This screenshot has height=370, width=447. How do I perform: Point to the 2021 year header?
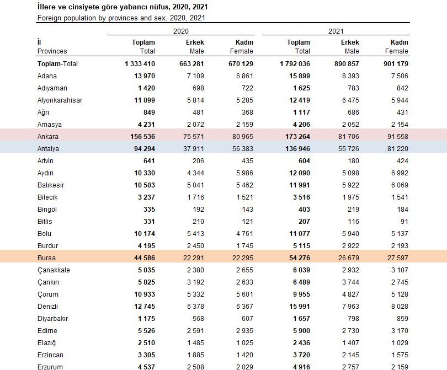click(x=336, y=31)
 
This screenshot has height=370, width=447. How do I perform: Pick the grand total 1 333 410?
click(x=140, y=63)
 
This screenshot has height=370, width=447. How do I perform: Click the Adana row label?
click(x=47, y=76)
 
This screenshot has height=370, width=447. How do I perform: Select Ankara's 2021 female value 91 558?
click(x=397, y=136)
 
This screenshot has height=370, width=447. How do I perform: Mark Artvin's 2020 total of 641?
click(x=147, y=160)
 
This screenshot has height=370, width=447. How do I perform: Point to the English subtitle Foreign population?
click(x=121, y=18)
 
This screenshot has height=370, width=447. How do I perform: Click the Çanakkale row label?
click(x=54, y=270)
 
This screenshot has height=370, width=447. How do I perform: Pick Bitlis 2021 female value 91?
click(x=404, y=221)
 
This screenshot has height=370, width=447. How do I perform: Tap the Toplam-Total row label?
click(x=57, y=63)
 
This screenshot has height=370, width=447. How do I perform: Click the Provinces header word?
click(x=52, y=51)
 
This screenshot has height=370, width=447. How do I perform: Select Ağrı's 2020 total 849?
click(x=147, y=112)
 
